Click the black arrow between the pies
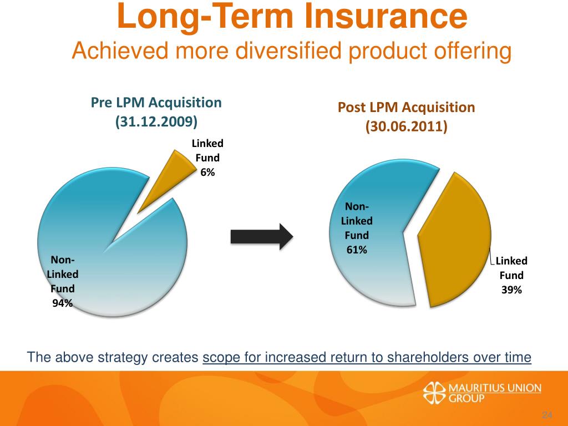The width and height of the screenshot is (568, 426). [261, 237]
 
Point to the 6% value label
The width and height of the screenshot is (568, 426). [207, 173]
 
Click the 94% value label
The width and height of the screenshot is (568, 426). [62, 303]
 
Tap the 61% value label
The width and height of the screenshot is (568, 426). [357, 250]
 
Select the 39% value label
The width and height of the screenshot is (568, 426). [511, 290]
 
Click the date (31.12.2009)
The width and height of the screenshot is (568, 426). [156, 121]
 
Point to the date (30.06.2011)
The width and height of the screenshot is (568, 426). [407, 126]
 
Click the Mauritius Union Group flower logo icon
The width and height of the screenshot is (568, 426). [434, 393]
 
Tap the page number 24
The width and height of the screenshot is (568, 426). [548, 416]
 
